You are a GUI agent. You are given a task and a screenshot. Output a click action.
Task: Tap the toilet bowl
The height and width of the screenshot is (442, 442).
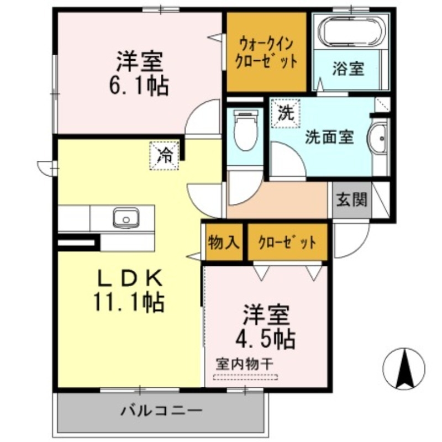point(245,131)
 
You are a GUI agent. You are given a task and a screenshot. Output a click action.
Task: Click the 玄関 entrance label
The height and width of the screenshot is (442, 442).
point(351,199)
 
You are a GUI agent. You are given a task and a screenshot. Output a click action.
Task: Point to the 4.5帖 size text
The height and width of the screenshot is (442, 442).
point(265,338)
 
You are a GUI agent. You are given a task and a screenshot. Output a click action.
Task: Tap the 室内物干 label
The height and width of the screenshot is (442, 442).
point(244,364)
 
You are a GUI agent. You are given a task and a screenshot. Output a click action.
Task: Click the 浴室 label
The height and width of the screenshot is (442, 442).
point(348,69)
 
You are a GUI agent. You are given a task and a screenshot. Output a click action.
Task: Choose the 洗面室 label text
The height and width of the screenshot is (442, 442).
point(329,136)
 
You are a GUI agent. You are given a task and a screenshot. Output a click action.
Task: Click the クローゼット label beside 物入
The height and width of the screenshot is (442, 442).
point(287,242)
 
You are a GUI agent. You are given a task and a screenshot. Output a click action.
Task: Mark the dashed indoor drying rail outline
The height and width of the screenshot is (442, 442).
point(245,378)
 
